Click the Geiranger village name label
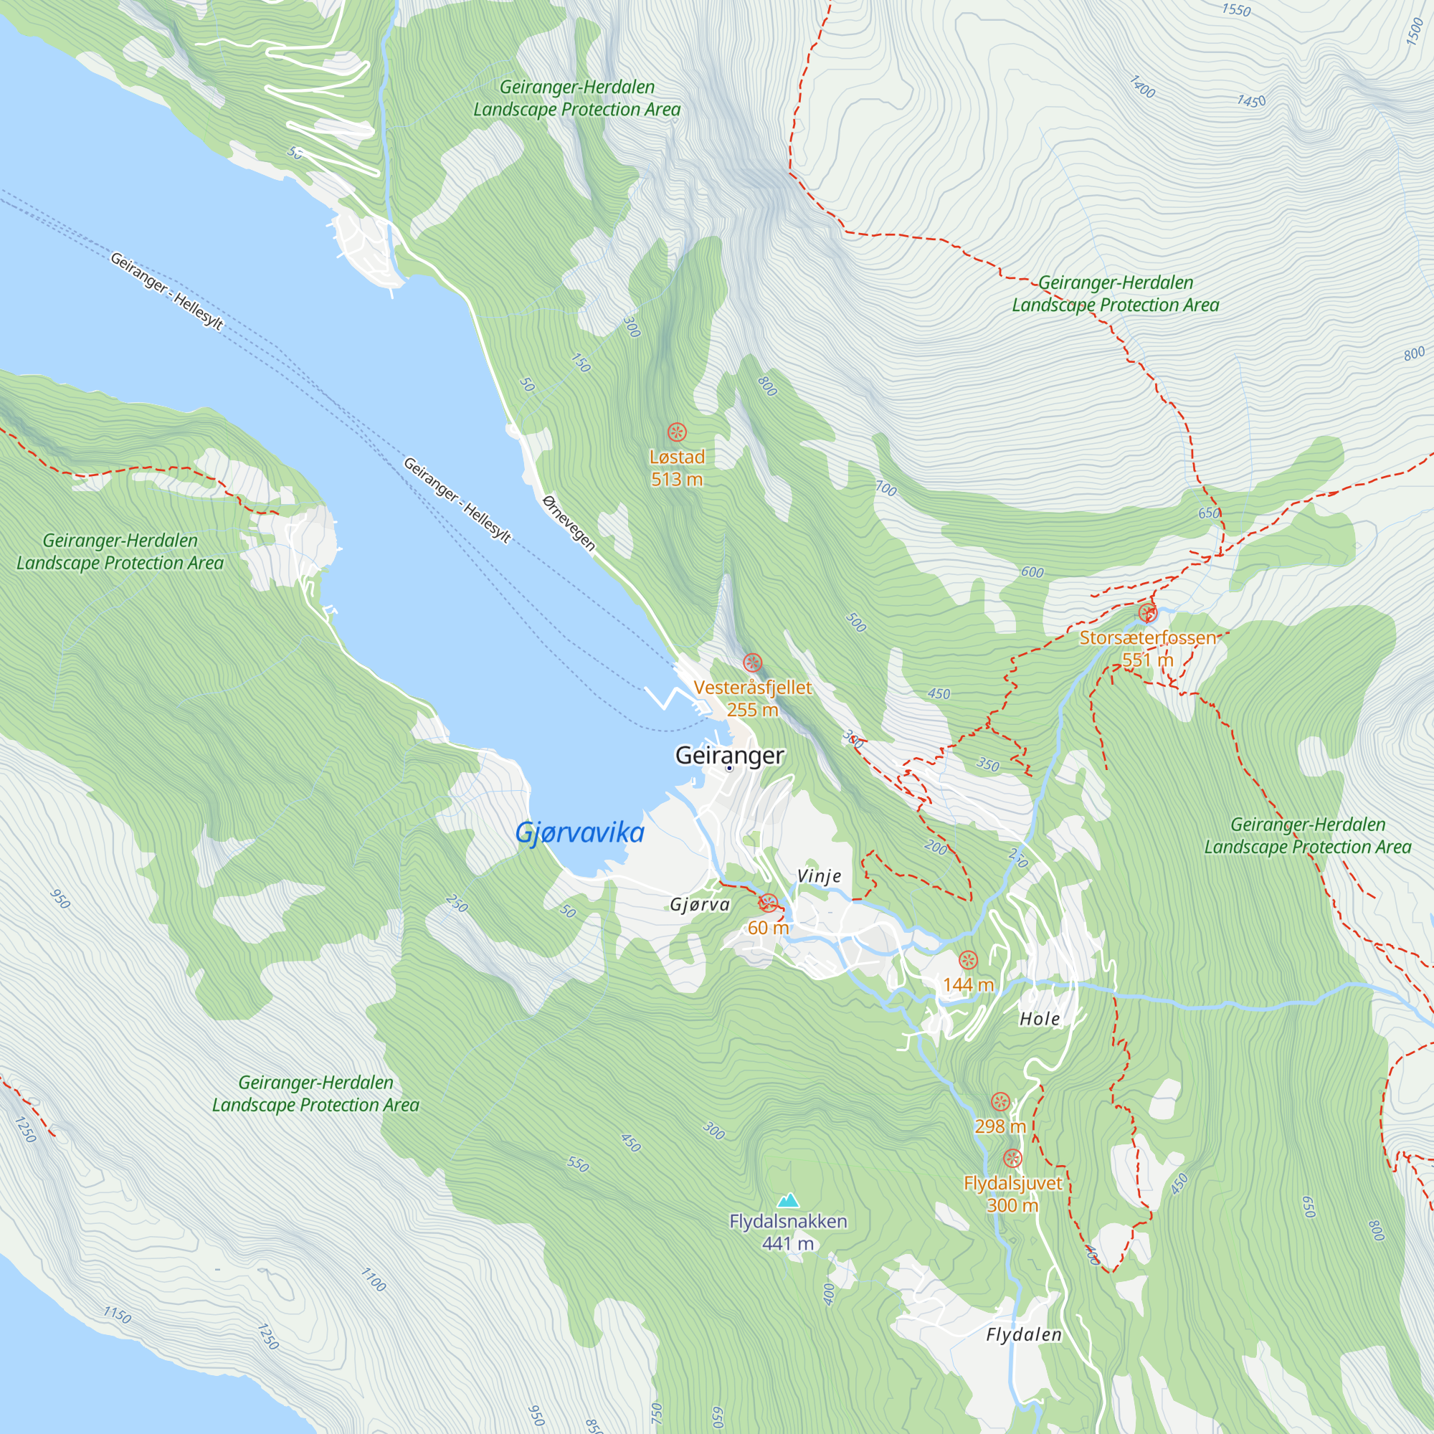729,755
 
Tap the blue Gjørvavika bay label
579,832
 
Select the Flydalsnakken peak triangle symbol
787,1200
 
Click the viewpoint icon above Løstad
676,432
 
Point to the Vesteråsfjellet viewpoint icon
752,662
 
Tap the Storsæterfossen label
1147,637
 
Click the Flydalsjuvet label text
1012,1183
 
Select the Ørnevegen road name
569,523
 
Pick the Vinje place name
819,876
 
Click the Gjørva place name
699,905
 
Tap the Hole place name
1039,1019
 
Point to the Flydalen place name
1024,1334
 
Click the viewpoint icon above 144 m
968,960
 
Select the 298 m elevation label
999,1126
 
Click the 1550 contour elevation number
1236,9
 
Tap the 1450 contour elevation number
1250,101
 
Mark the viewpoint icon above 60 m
768,903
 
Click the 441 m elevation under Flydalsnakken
787,1243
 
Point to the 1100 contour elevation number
374,1280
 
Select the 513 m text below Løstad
676,480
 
